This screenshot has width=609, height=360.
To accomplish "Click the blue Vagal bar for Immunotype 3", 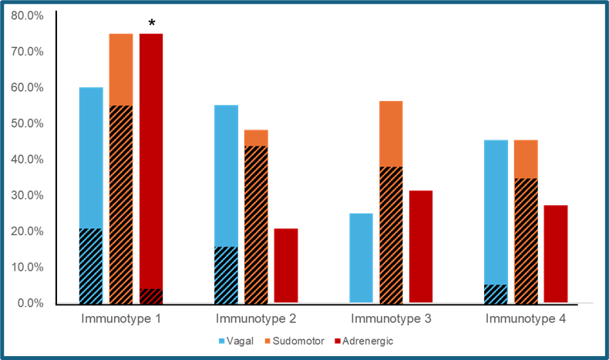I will [361, 257].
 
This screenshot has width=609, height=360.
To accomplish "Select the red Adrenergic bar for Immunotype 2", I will [286, 265].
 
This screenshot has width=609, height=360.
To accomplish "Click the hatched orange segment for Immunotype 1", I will [121, 204].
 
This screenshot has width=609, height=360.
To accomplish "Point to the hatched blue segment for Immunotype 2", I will [226, 274].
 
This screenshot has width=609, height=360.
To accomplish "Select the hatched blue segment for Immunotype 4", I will [496, 294].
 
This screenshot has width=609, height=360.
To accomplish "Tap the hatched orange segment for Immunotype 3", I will [391, 234].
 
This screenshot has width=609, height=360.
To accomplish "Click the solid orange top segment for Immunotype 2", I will [256, 138].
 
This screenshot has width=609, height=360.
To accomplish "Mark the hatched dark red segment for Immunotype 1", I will [151, 296].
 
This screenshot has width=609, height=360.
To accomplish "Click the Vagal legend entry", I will [235, 341].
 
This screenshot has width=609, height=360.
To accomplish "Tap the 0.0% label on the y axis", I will [31, 303].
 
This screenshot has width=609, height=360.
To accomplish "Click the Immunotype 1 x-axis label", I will [121, 318].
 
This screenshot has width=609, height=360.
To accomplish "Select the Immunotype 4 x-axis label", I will [526, 318].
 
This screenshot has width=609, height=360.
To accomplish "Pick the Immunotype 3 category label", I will [391, 318].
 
